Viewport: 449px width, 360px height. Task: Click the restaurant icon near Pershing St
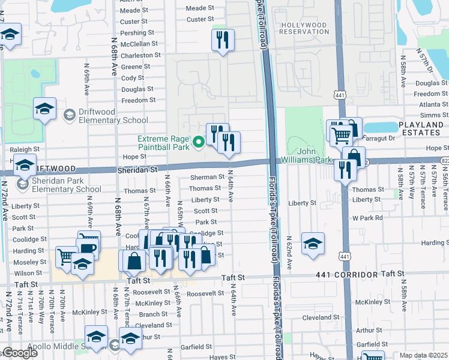point(223,40)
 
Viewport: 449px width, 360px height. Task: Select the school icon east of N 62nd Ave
point(313,244)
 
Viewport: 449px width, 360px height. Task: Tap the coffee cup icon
point(88,248)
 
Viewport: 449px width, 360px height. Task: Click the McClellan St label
point(139,44)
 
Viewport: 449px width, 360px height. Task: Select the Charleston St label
point(140,55)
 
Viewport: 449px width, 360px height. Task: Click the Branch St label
point(153,314)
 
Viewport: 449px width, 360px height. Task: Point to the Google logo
point(19,353)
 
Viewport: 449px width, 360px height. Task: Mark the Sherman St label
point(207,177)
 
